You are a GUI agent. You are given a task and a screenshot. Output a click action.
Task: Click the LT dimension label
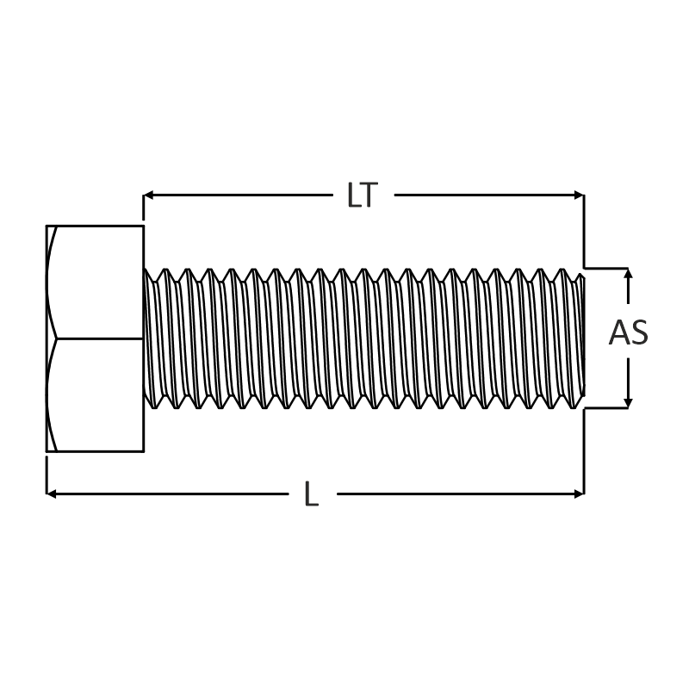click(363, 195)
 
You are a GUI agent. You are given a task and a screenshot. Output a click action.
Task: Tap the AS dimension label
click(629, 332)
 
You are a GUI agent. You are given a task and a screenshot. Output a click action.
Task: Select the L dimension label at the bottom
click(312, 493)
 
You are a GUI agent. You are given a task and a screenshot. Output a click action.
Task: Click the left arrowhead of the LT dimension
click(148, 196)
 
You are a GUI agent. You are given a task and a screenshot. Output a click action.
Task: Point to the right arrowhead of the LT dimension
click(579, 196)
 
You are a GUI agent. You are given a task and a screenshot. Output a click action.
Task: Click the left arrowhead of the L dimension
click(52, 494)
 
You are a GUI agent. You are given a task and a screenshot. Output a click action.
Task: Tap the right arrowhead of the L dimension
click(579, 494)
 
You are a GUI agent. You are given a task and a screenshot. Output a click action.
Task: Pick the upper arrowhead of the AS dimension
click(629, 273)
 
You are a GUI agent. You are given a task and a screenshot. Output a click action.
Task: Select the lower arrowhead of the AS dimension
click(629, 403)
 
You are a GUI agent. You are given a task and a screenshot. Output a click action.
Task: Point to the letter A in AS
click(619, 332)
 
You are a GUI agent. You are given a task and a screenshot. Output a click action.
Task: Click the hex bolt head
click(95, 338)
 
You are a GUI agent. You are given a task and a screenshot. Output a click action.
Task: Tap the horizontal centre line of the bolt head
click(100, 338)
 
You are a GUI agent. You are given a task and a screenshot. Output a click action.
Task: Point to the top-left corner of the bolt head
click(47, 226)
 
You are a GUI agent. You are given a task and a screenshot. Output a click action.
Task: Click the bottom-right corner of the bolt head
click(144, 451)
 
